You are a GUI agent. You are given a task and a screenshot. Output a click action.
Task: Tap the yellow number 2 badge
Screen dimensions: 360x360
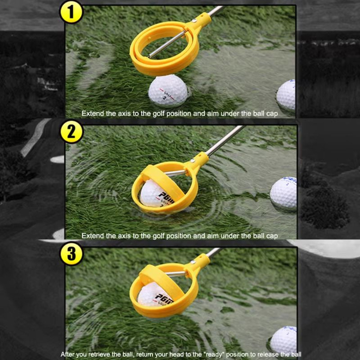(x=72, y=132)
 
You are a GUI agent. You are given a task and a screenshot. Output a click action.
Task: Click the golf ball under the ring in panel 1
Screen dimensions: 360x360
(x=167, y=91)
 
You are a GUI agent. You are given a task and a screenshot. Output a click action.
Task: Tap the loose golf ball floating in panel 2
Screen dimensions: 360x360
(x=284, y=193)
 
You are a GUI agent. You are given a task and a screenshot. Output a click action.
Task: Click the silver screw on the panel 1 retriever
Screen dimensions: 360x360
(x=194, y=21)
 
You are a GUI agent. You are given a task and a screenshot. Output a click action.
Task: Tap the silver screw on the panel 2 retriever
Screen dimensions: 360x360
(x=193, y=161)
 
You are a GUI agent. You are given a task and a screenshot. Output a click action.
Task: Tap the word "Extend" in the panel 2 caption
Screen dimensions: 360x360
(x=93, y=236)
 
